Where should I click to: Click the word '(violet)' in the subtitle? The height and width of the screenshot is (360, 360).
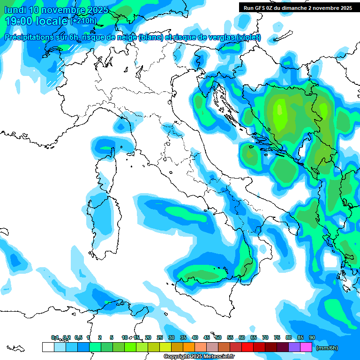click(249, 37)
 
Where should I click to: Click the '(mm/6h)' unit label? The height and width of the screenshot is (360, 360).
click(327, 348)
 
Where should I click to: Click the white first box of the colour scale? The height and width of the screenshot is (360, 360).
click(48, 347)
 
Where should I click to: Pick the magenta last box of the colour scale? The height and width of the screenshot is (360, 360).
click(306, 347)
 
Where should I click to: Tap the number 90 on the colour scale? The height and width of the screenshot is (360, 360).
click(312, 337)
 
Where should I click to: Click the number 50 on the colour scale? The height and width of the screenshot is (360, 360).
click(218, 337)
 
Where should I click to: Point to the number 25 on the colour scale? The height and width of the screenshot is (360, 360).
click(160, 337)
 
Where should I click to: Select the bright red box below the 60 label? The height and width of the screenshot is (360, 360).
click(247, 347)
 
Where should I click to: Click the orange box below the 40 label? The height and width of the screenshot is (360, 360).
click(189, 347)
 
